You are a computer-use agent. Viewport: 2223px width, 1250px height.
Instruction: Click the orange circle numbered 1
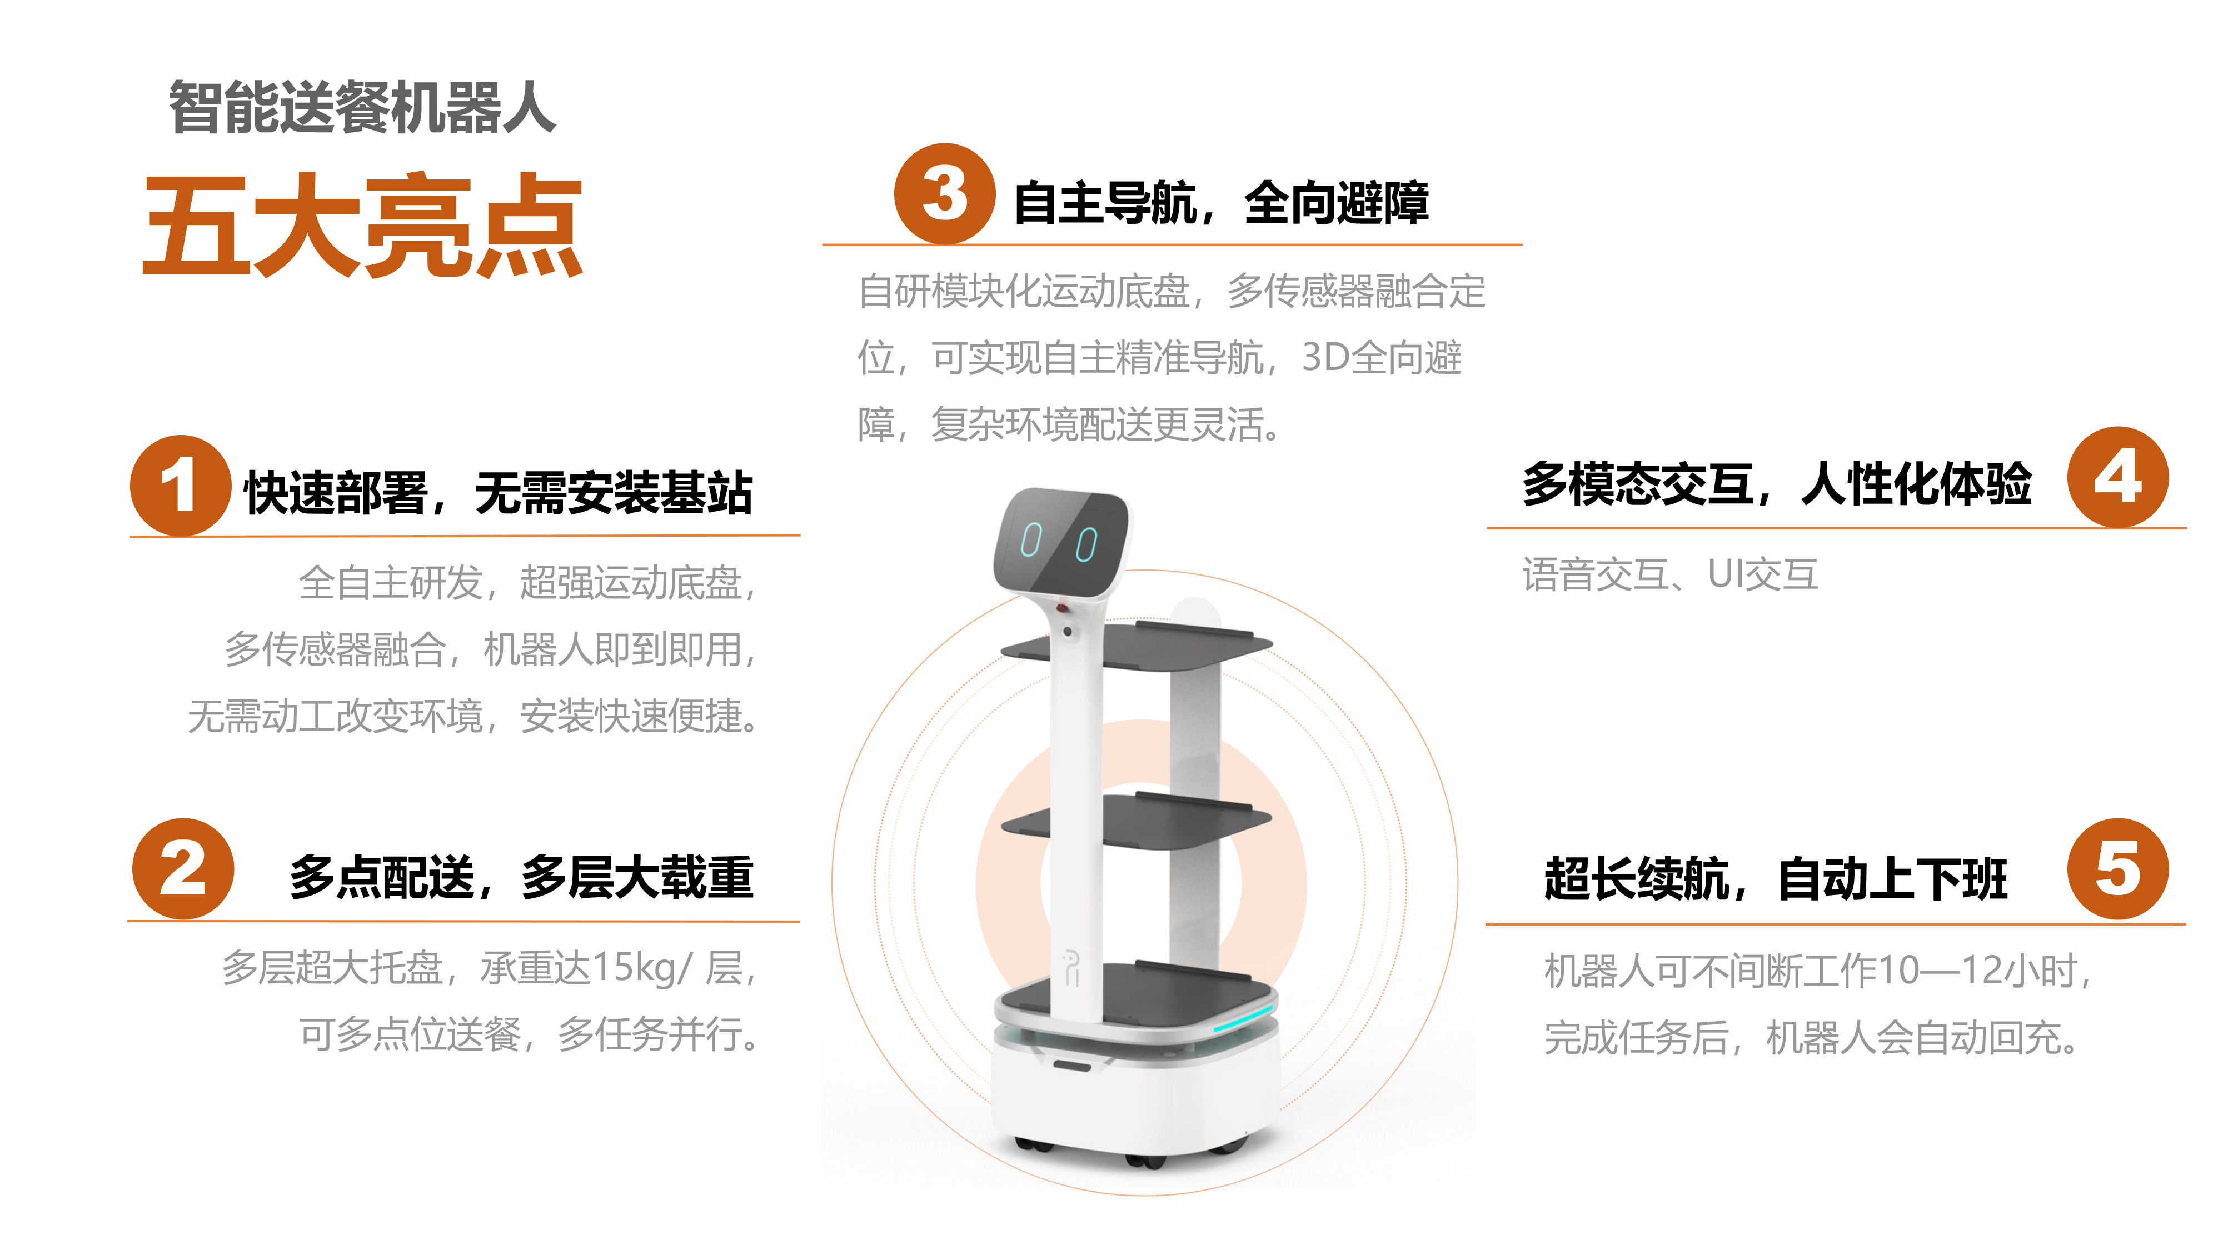point(181,486)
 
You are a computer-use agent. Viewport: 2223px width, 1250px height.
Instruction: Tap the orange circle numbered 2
point(183,869)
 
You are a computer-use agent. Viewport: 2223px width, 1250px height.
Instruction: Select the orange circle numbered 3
point(944,193)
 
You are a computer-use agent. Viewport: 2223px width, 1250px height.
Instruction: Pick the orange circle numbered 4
point(2118,477)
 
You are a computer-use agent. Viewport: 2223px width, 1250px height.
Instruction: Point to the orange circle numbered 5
point(2118,869)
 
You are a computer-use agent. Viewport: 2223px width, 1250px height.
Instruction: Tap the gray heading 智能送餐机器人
point(362,108)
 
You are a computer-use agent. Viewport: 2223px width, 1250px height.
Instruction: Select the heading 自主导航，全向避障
point(1221,203)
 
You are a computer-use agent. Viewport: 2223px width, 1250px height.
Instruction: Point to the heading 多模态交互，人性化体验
point(1777,483)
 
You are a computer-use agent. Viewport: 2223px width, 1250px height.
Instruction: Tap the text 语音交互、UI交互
point(1670,574)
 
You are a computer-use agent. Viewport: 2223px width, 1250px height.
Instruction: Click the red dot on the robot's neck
point(1063,608)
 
